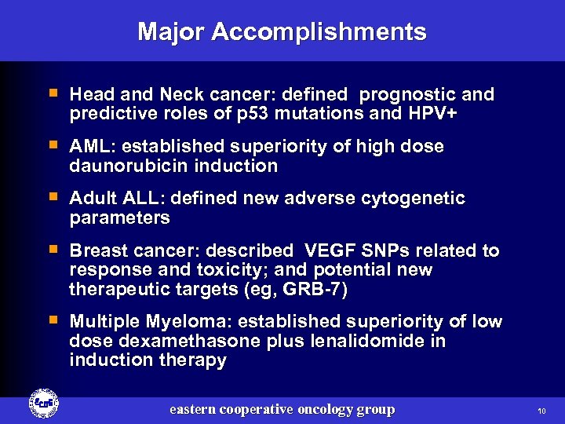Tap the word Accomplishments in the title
tap(319, 32)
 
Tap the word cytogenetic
tap(413, 199)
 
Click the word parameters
tap(119, 217)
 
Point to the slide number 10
tap(541, 411)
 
